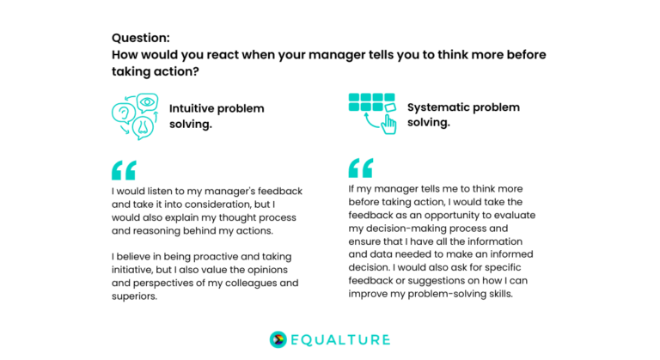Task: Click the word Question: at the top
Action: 141,38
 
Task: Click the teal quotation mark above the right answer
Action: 361,168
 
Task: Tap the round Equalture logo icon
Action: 278,339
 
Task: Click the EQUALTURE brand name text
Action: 341,340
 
